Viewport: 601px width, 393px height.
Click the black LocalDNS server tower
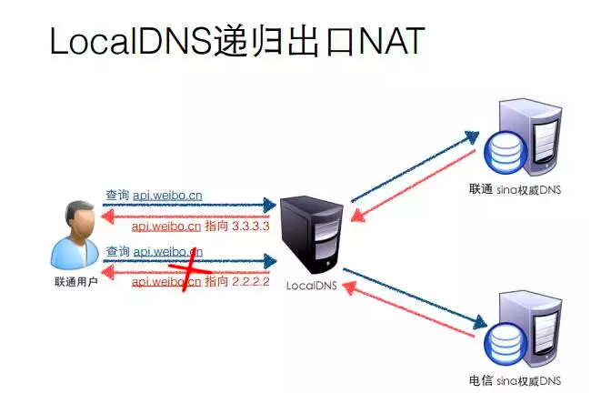[x=312, y=234]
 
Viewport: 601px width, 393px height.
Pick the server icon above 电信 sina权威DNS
[x=523, y=329]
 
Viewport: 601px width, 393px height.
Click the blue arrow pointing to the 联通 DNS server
[x=414, y=165]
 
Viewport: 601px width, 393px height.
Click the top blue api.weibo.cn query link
[x=168, y=195]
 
